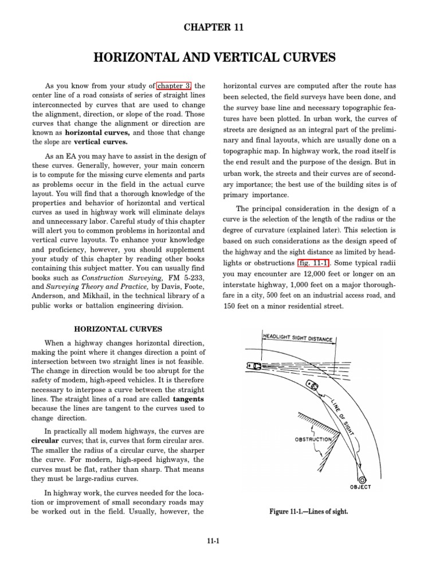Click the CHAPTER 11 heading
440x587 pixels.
pos(219,27)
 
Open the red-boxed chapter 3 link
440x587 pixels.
pos(175,86)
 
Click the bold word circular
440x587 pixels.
pos(46,440)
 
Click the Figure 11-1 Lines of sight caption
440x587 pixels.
pos(308,511)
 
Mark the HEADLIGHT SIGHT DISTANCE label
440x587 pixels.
pos(298,338)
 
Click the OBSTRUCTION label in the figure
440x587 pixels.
pos(313,439)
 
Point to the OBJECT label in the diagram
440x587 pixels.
pos(360,487)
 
